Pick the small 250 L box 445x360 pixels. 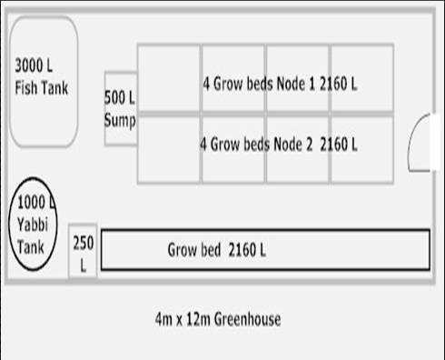point(83,251)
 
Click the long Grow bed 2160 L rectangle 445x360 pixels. point(264,250)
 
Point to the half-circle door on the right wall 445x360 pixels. point(421,144)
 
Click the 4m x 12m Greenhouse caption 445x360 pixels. point(217,319)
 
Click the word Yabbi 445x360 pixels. point(34,223)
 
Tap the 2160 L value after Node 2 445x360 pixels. point(339,144)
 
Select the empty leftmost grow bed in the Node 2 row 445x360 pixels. point(169,148)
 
